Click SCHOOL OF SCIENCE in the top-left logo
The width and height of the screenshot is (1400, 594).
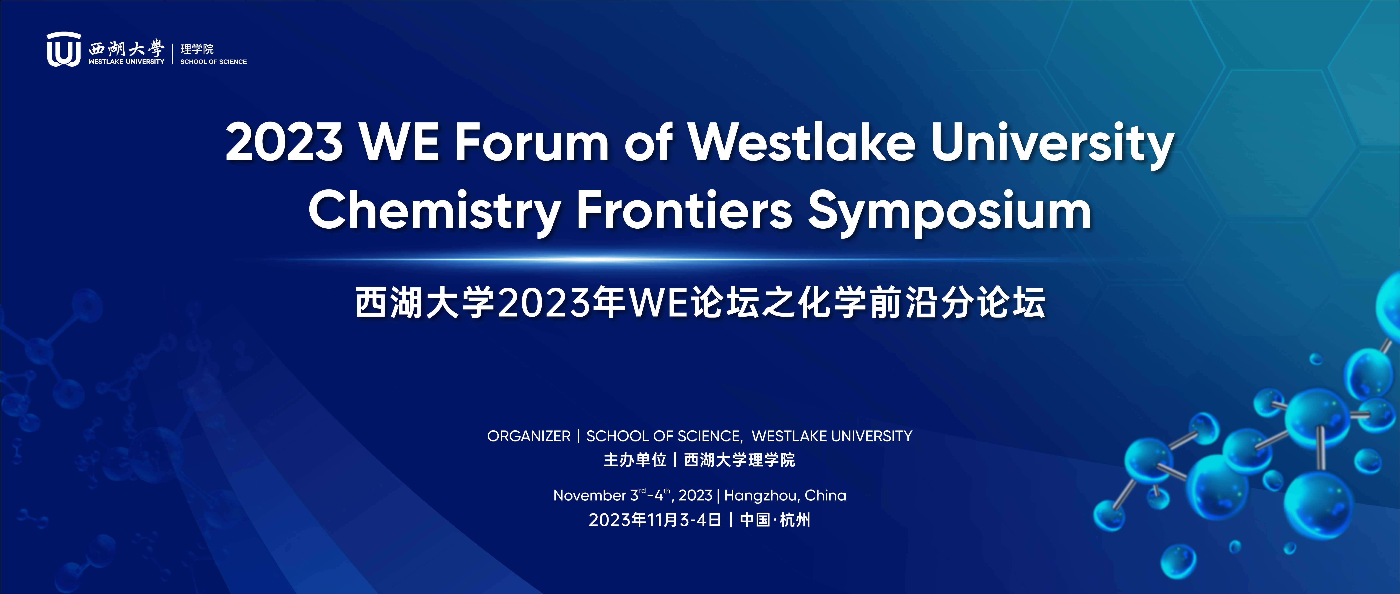[x=213, y=62]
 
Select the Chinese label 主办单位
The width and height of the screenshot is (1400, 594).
[x=635, y=460]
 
